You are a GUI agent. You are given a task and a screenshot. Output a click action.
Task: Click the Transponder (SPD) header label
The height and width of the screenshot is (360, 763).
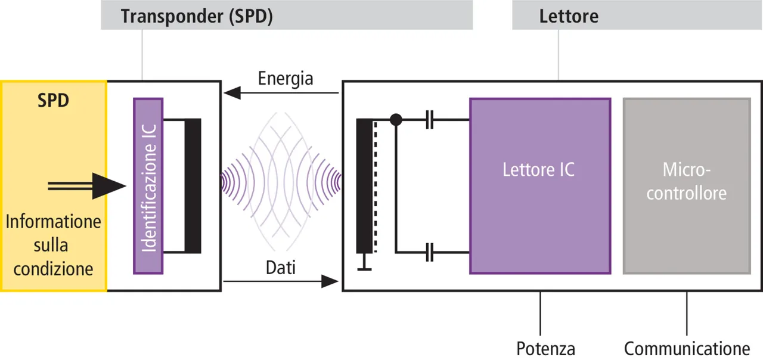coord(197,16)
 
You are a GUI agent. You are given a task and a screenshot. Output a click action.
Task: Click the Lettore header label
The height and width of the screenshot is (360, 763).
coord(569,16)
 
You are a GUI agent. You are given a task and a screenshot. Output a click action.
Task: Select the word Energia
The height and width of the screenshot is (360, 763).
coord(286,79)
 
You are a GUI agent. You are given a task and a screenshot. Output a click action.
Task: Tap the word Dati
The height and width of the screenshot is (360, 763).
coord(280,268)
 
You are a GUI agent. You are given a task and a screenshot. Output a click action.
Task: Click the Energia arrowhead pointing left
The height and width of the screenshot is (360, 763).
coord(232,92)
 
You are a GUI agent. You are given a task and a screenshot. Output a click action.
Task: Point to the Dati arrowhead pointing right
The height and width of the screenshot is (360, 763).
coord(330,281)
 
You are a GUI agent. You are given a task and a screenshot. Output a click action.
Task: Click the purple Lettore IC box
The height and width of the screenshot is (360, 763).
coord(539,185)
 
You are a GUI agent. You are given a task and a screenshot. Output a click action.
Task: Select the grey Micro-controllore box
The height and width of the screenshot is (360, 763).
coord(686,185)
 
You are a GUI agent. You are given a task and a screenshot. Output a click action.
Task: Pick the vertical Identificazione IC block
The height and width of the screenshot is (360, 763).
coord(148,186)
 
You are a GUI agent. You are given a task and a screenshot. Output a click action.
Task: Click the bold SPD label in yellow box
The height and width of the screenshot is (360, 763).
coord(53,100)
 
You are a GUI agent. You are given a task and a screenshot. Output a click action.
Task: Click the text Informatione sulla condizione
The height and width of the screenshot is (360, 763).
coord(54,245)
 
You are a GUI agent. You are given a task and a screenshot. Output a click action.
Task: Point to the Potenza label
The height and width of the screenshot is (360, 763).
coord(545,349)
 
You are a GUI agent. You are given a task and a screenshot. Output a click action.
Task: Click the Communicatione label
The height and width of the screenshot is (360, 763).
coord(687,349)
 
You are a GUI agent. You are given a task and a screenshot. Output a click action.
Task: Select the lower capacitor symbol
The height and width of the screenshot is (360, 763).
coord(430,253)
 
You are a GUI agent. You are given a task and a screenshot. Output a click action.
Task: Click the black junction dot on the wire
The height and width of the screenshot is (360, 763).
coord(395,120)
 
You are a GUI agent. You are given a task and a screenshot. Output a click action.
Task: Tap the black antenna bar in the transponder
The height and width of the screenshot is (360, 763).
coord(193,186)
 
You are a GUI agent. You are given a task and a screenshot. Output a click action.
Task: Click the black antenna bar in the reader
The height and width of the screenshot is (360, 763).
coord(364,186)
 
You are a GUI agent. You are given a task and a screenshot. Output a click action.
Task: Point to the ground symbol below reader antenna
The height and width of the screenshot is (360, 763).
coord(364,265)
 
